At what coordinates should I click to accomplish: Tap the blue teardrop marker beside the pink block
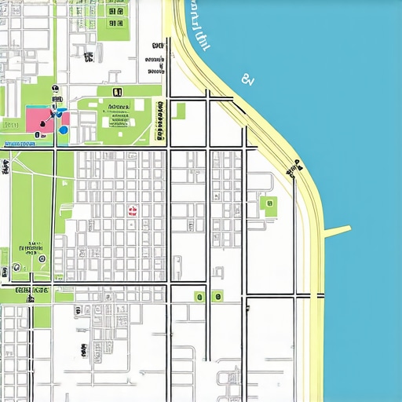click(x=63, y=130)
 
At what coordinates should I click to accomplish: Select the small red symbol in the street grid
click(x=133, y=210)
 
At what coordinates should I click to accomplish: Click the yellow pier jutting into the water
click(x=336, y=231)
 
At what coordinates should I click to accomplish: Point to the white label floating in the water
click(x=248, y=79)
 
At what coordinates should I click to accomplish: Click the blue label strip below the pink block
click(x=20, y=144)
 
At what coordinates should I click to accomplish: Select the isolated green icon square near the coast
click(x=269, y=206)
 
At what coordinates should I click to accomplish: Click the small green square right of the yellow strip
click(x=180, y=110)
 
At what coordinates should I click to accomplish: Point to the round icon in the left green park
click(x=41, y=258)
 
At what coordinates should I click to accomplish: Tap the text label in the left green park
click(x=35, y=244)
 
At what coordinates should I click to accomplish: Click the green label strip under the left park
click(x=31, y=291)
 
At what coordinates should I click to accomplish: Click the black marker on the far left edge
click(x=5, y=165)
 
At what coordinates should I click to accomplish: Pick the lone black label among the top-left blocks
click(x=89, y=57)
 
